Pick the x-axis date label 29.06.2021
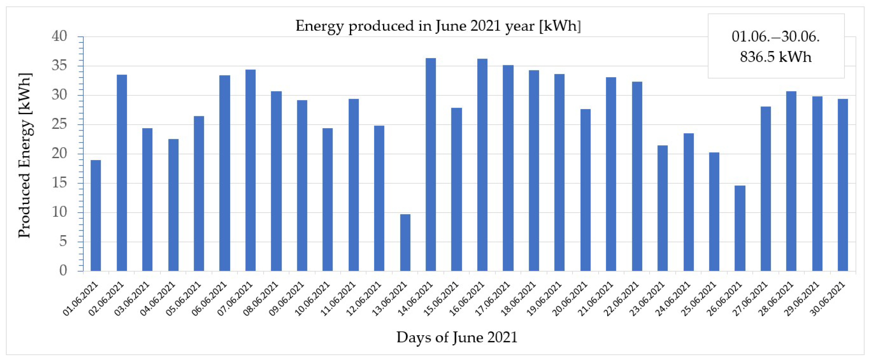coord(802,299)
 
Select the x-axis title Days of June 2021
coord(457,337)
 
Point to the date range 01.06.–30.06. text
coord(775,37)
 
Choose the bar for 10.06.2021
coord(328,199)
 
